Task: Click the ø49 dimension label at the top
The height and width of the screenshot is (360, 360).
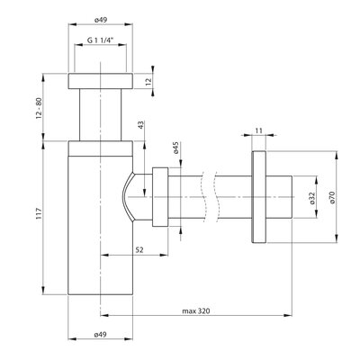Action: tap(101, 20)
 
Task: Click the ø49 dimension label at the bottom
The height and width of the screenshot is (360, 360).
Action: tap(101, 334)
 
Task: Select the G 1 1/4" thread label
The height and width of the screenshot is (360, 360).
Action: tap(101, 40)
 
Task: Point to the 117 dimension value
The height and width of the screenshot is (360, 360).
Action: tap(39, 212)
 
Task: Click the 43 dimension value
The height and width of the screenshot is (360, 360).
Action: tap(141, 125)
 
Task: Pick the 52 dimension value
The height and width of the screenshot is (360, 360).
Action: tap(140, 249)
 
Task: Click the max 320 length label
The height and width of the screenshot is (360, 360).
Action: tap(196, 311)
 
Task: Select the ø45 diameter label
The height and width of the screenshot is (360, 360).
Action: tap(176, 148)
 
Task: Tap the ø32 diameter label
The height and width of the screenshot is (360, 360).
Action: tap(312, 198)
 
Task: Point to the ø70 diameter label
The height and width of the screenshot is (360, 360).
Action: tap(332, 198)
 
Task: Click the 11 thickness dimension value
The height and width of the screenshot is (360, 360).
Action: tap(259, 130)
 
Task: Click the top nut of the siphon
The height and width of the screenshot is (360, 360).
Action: tap(101, 81)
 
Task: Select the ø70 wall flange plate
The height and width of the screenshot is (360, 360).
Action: tap(258, 197)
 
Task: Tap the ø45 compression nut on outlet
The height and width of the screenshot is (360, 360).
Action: tap(160, 197)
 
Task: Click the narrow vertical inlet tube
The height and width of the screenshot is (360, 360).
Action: tap(101, 114)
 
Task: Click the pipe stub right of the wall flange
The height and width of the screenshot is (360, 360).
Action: tap(279, 197)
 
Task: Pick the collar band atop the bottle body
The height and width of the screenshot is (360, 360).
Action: tap(101, 148)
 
